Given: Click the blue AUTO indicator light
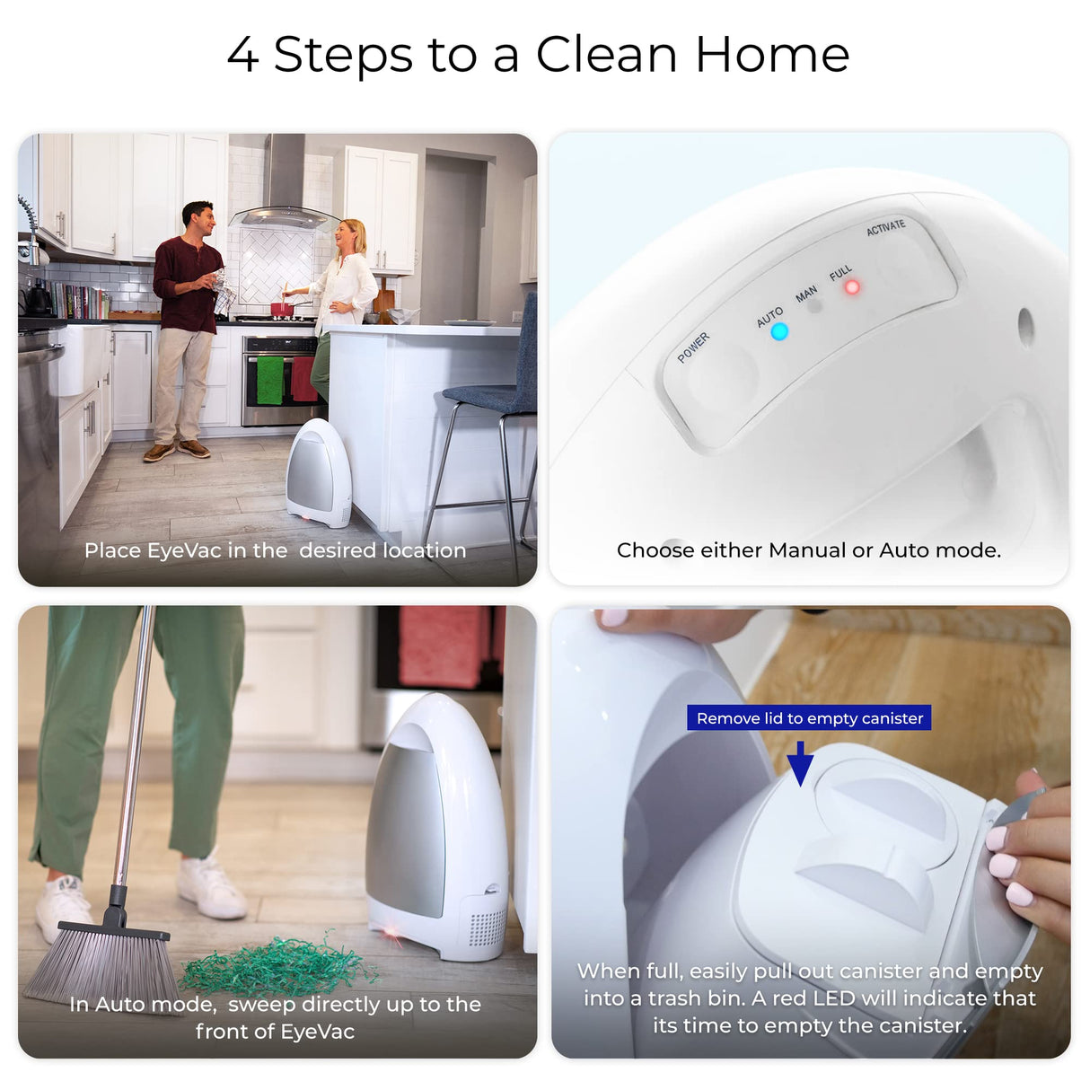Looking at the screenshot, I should (778, 331).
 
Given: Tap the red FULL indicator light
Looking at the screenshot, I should (851, 287).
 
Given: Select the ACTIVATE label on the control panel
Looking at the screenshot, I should (885, 228).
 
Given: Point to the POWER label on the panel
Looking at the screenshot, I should (693, 347).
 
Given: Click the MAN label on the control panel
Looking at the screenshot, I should (806, 294).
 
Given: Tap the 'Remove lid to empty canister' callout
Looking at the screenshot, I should (809, 718).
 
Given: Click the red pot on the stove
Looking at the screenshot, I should (282, 309).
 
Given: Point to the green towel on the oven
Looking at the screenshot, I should (269, 380).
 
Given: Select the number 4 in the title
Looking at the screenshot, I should (242, 55).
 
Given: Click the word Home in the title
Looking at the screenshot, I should (771, 55).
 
